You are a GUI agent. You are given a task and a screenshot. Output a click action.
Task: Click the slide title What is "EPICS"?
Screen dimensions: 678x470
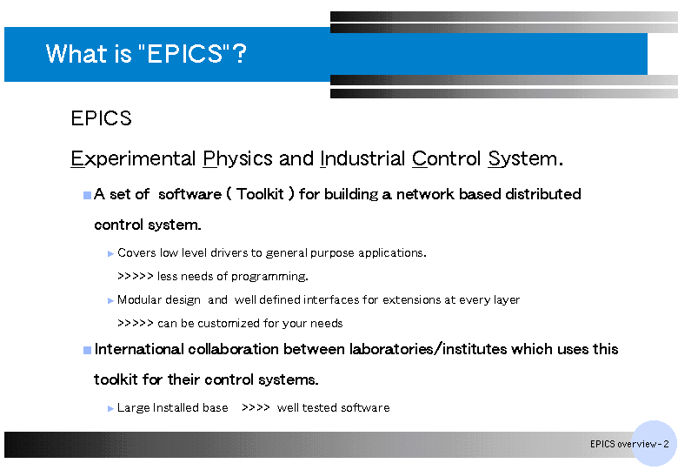coord(146,54)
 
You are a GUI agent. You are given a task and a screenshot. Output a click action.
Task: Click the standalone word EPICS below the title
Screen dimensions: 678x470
coord(101,118)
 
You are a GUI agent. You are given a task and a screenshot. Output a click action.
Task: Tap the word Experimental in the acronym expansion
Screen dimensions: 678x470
coord(133,158)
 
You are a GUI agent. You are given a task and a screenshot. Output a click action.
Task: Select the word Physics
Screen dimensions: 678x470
coord(238,158)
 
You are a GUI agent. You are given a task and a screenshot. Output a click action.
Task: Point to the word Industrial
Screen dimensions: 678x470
coord(362,158)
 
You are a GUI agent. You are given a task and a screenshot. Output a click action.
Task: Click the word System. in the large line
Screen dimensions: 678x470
coord(525,158)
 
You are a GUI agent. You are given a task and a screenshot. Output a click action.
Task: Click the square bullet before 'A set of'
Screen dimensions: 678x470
coord(87,195)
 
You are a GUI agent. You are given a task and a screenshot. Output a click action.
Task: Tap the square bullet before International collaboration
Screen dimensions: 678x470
coord(87,350)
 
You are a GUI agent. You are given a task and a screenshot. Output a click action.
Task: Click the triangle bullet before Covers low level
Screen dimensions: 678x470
coord(110,253)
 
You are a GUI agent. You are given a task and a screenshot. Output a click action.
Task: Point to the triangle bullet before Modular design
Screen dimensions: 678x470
coord(110,301)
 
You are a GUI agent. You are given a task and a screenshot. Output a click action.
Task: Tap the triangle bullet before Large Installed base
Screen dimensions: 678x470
coord(110,408)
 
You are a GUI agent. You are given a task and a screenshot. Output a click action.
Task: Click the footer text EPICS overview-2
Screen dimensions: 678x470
coord(629,444)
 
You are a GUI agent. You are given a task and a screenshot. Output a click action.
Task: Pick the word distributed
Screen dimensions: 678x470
coord(543,194)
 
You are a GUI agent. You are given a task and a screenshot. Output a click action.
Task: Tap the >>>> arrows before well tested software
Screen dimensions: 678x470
coord(256,407)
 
